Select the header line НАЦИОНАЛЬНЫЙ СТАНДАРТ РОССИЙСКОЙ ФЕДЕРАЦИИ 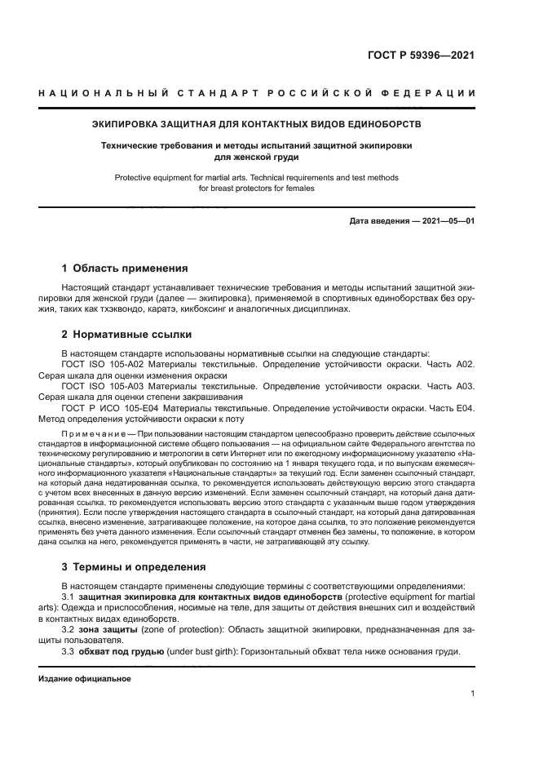click(257, 95)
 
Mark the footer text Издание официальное click(85, 679)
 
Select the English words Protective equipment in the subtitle click(151, 177)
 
